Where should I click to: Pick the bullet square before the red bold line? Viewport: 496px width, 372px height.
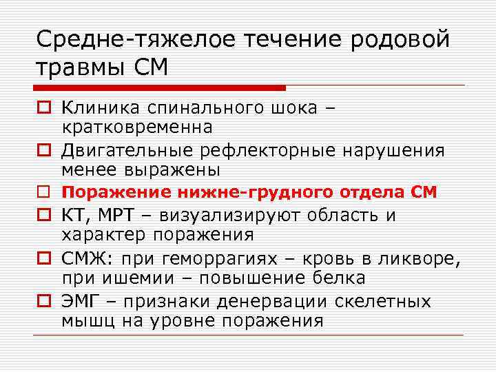click(x=43, y=193)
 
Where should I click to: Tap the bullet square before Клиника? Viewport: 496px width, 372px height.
click(x=43, y=108)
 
